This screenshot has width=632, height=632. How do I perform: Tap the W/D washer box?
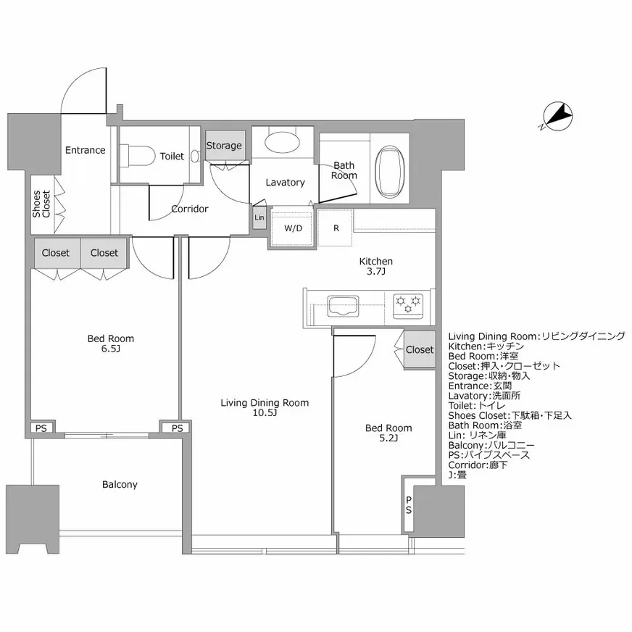[293, 228]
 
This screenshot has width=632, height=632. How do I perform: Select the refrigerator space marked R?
[336, 228]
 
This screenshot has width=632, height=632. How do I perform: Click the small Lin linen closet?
[259, 217]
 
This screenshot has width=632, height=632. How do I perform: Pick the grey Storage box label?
[224, 146]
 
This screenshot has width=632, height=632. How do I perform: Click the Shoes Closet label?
[41, 204]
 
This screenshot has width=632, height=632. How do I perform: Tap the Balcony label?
[120, 484]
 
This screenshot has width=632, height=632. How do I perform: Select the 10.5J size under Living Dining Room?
[265, 413]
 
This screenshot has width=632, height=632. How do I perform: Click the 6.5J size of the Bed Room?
[110, 349]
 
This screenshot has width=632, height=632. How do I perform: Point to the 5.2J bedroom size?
[388, 438]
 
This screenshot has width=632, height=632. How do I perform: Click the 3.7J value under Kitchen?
[376, 272]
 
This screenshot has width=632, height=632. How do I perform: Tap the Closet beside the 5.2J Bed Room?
[419, 349]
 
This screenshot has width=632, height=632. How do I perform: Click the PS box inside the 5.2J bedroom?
[409, 505]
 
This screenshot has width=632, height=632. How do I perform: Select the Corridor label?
[190, 209]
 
